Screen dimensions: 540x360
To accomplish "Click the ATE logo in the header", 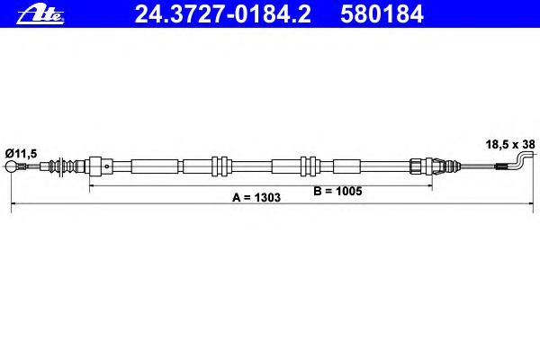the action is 40,14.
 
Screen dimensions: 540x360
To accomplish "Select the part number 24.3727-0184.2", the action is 223,14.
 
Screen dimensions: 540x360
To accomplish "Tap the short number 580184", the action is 382,14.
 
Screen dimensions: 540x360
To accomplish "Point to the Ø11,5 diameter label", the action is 21,153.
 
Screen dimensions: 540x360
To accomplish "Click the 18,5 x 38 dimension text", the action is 510,144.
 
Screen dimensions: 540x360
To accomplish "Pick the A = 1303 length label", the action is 256,197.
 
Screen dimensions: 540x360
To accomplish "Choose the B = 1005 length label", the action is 337,191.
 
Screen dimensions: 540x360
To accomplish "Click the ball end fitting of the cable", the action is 11,166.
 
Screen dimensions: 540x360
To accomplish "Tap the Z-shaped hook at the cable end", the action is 524,162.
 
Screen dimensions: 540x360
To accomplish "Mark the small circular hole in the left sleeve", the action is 107,166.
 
